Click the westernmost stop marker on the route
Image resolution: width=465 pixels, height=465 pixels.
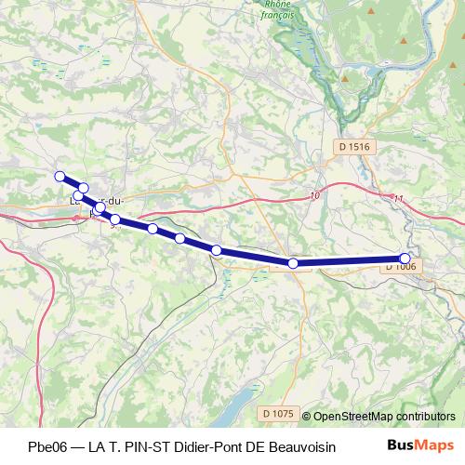point(60,176)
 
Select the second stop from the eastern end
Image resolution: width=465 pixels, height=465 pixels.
point(293,263)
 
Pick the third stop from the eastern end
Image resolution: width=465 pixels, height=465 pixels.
point(217,249)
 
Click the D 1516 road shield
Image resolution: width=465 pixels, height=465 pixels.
point(354,145)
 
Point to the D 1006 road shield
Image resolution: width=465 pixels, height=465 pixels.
point(400,267)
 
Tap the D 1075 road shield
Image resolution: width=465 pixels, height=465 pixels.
point(278,413)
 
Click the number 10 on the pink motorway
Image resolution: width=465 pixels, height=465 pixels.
point(314,195)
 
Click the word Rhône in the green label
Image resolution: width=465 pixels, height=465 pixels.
point(276,4)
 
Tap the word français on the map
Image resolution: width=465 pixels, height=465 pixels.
point(276,15)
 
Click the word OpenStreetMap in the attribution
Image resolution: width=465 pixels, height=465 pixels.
point(352,417)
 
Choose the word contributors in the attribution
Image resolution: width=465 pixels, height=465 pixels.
point(425,417)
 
